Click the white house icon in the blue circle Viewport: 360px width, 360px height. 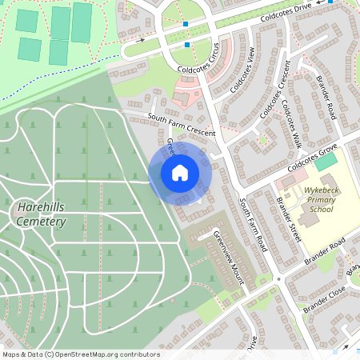click(180, 173)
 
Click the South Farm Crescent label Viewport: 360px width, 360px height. click(182, 126)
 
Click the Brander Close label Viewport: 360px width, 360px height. click(324, 298)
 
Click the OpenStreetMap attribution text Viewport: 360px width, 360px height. click(80, 354)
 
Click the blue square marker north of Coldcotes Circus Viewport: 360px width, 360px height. click(186, 25)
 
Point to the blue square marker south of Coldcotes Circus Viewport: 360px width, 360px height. click(186, 45)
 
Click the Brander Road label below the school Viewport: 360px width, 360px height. click(325, 252)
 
